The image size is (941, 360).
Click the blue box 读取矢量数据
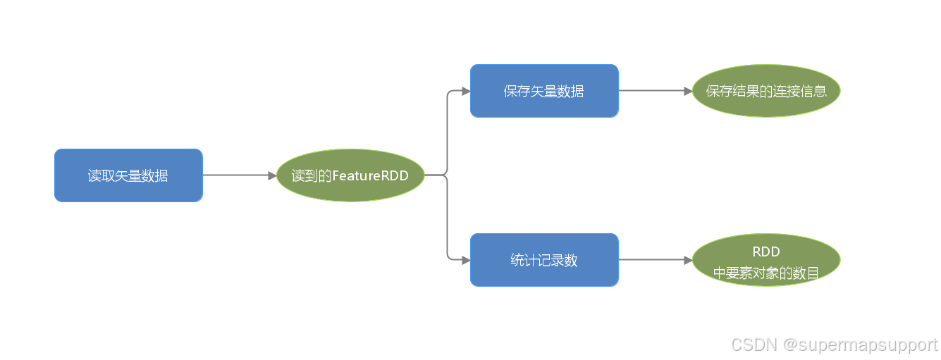(x=128, y=175)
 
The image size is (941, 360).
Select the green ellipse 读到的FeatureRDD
(x=350, y=175)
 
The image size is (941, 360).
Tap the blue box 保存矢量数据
(x=544, y=91)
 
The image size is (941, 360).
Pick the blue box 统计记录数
(x=544, y=260)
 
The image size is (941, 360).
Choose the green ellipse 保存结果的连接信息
(x=766, y=91)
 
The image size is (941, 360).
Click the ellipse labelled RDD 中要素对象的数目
(x=766, y=260)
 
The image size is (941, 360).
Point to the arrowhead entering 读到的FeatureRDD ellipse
(x=272, y=175)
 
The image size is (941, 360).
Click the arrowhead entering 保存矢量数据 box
(x=466, y=91)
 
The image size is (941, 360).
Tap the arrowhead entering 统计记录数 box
(x=466, y=260)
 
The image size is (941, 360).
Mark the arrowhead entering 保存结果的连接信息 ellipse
(x=688, y=91)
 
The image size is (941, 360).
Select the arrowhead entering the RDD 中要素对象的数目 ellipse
(x=688, y=260)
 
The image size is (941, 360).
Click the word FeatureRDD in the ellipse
(x=370, y=175)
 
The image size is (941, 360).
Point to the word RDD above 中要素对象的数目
(x=766, y=252)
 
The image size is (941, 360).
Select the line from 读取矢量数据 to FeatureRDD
(x=236, y=175)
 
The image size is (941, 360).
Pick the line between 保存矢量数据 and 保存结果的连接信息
(x=652, y=91)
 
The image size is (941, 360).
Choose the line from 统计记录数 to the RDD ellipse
(x=652, y=260)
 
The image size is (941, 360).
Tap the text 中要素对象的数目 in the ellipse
(x=766, y=273)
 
